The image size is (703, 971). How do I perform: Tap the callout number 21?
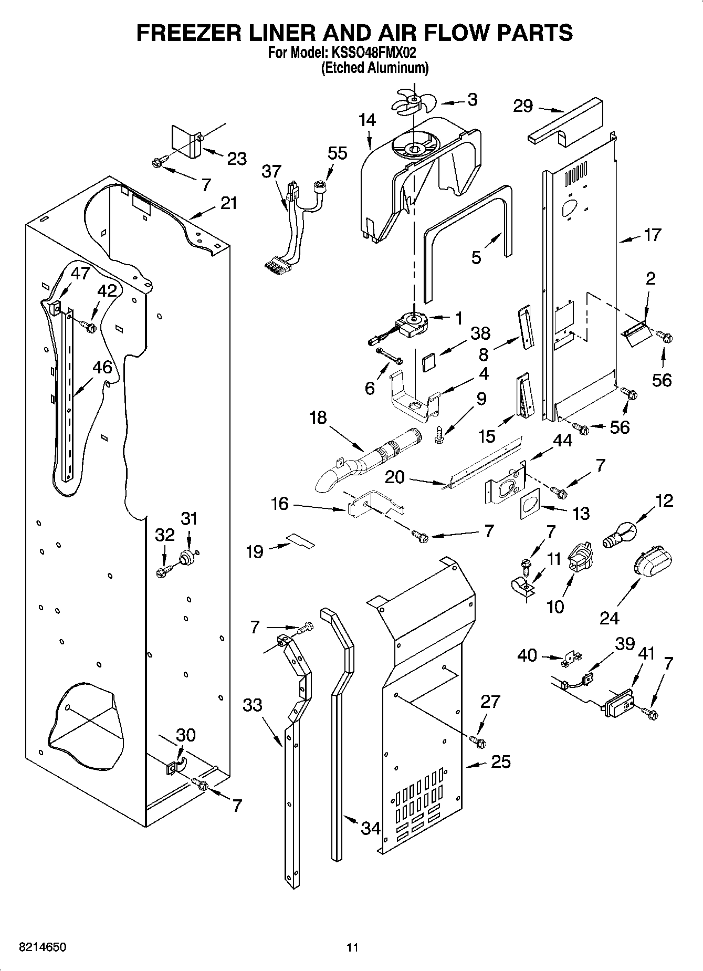tap(228, 203)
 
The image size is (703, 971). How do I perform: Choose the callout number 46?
tap(102, 367)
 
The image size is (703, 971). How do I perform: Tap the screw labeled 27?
tap(477, 742)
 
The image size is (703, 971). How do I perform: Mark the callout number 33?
tap(253, 704)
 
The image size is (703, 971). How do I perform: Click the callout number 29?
tap(523, 106)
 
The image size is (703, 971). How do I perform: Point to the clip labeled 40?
tap(570, 660)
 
